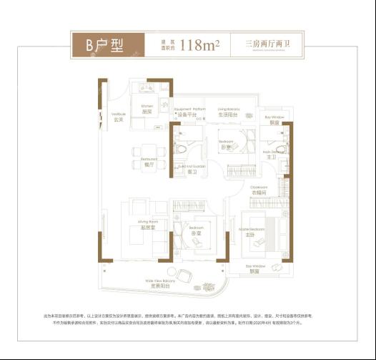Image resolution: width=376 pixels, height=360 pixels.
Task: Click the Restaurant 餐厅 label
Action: (x=149, y=162)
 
